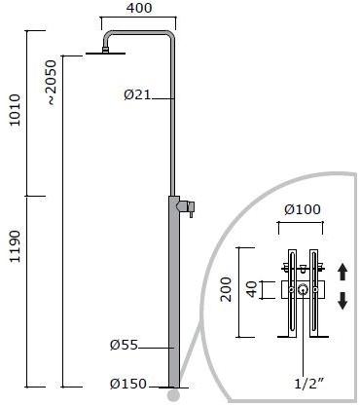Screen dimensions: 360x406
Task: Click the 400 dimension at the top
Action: click(139, 8)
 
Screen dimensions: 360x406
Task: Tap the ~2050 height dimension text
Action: click(51, 83)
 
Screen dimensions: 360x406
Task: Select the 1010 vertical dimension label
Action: click(15, 110)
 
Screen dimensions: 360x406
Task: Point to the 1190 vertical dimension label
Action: click(15, 246)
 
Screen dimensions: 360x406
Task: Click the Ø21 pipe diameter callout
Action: click(137, 94)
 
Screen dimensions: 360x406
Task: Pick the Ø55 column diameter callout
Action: click(125, 345)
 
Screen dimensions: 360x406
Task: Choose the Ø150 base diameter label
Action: click(128, 384)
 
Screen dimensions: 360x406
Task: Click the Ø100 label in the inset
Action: click(303, 209)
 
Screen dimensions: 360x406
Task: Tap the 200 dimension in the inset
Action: click(226, 289)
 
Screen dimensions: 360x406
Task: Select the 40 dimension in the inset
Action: click(252, 289)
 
